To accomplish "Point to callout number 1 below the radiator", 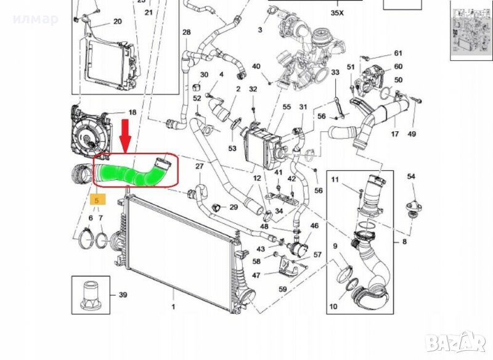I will coord(173,306).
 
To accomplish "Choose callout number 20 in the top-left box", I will coord(117,21).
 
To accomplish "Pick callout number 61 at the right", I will coord(398,53).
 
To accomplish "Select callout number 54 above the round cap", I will coord(412,177).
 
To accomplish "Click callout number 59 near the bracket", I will coord(283,288).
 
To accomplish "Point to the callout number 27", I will coord(199,166).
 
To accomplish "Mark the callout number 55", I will coord(287,107).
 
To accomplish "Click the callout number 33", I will coord(335,72).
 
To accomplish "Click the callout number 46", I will coord(314,226).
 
